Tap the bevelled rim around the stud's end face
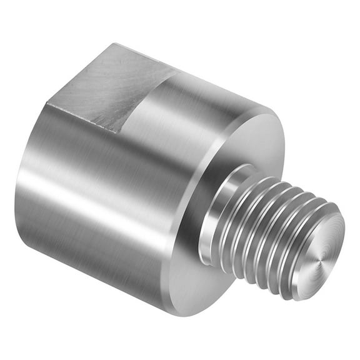[x=299, y=275]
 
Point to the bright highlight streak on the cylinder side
[x=94, y=187]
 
